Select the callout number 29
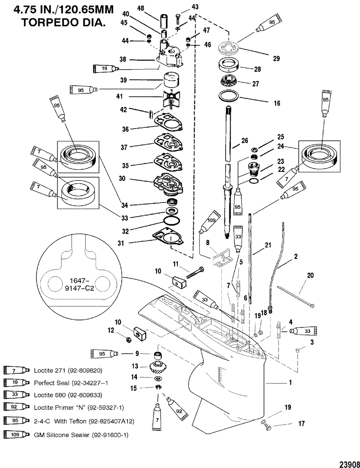coord(276,58)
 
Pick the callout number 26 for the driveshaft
coord(244,141)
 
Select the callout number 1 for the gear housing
coord(290,383)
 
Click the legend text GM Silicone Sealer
coord(81,435)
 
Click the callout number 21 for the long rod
coord(267,245)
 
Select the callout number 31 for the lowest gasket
coord(121,243)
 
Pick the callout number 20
coord(310,275)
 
